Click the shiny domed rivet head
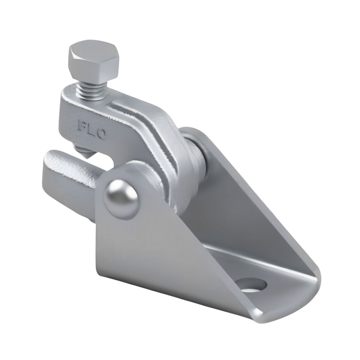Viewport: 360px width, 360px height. click(x=121, y=199)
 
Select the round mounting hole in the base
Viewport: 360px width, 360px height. click(x=252, y=284)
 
